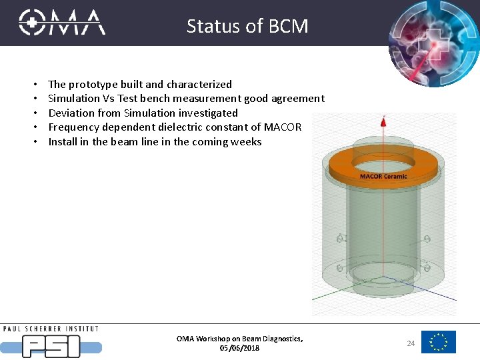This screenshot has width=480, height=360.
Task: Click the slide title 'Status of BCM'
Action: pyautogui.click(x=247, y=26)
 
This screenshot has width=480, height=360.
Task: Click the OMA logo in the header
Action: pyautogui.click(x=62, y=22)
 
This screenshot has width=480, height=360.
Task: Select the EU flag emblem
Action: pyautogui.click(x=439, y=342)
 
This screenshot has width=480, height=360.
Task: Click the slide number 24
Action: pyautogui.click(x=411, y=343)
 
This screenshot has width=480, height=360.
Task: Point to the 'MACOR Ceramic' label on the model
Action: pyautogui.click(x=383, y=176)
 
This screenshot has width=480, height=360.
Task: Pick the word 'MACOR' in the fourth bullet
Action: pyautogui.click(x=283, y=127)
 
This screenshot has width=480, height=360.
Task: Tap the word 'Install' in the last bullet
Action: pyautogui.click(x=63, y=142)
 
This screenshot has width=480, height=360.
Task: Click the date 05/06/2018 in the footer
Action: pyautogui.click(x=239, y=348)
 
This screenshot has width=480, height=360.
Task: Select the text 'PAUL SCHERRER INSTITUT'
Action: pyautogui.click(x=51, y=329)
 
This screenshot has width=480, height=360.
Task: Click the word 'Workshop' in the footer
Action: pyautogui.click(x=211, y=339)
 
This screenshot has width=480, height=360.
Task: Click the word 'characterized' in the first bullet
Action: pyautogui.click(x=199, y=85)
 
